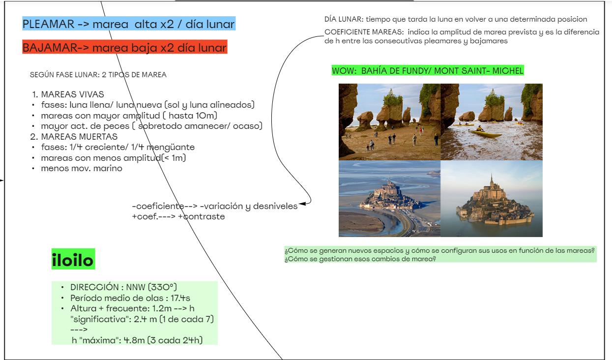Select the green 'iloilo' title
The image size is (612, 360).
[x=73, y=261]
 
